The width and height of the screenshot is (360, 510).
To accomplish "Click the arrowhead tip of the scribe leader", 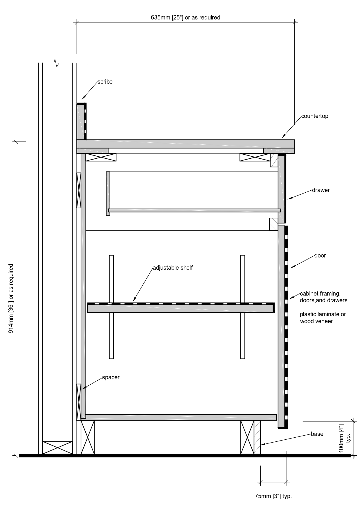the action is pos(82,99).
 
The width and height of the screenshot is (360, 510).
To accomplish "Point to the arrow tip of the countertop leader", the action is pos(282,138).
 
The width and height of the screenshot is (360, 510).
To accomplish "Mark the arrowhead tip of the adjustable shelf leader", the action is pos(134,301).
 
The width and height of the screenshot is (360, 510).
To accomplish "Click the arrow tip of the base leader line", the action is pos(261,445).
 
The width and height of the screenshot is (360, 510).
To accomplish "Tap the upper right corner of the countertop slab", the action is pos(294,140).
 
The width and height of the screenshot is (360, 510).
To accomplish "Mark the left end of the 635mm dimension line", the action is pos(77,22).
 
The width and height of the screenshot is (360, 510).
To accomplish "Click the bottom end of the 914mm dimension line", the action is pos(16,456).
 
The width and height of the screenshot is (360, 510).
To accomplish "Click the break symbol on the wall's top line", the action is pos(57,62).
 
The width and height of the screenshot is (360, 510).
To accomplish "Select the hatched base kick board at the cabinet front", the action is pos(257,437).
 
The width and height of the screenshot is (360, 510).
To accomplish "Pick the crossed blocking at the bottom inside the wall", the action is pos(57,448).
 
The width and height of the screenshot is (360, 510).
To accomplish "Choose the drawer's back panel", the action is pos(108,193).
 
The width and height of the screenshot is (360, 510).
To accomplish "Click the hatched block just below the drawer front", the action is pos(274,224).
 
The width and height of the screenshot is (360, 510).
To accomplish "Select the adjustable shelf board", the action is pos(180,308).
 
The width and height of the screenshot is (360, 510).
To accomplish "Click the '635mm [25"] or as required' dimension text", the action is pos(186,17).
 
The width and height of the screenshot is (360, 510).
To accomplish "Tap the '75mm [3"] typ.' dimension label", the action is pos(273,496).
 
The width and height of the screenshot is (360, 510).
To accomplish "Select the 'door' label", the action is pos(320,256).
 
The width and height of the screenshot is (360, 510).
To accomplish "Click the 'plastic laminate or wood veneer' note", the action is pos(323,318).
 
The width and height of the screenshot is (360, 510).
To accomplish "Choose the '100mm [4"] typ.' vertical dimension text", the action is pos(344,438).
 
